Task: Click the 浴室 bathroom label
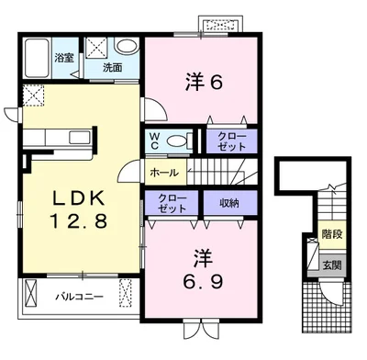tap(64, 58)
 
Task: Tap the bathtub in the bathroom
tap(37, 58)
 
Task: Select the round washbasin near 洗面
tap(128, 47)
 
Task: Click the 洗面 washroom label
tap(113, 68)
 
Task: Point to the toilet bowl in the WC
tap(177, 141)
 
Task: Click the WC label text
tap(154, 141)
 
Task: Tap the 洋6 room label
tap(204, 82)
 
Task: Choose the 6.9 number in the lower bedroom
tap(203, 281)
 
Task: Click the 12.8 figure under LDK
tap(79, 221)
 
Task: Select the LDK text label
tap(79, 197)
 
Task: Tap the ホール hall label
tap(164, 173)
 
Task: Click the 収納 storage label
tap(229, 203)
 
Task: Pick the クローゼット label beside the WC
tap(231, 141)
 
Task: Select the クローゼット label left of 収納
tap(172, 203)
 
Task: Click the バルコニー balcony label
tap(79, 297)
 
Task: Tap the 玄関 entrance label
tap(332, 265)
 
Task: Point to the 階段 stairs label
tap(332, 234)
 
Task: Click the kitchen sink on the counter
tap(80, 137)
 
